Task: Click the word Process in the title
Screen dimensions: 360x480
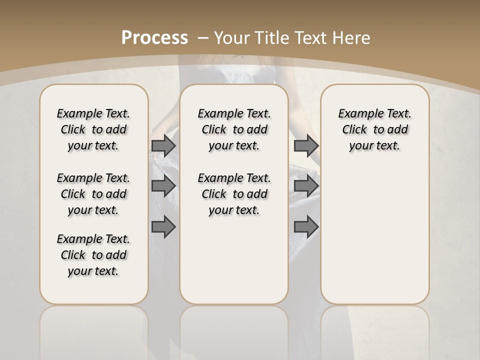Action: [x=154, y=37]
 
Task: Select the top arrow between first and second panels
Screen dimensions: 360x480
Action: [x=163, y=145]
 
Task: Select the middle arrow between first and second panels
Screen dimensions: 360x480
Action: [x=163, y=186]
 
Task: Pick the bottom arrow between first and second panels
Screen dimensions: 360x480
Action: [x=163, y=227]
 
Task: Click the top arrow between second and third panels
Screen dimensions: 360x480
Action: [x=306, y=145]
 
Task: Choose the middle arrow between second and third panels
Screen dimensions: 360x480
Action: [x=306, y=186]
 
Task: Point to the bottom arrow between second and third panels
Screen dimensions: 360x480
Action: [x=306, y=227]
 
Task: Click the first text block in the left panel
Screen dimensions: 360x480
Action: [x=93, y=129]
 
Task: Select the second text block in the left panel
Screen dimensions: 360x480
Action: [x=93, y=194]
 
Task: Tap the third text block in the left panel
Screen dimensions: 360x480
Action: [x=93, y=255]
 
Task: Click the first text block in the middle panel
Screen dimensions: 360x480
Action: [x=234, y=129]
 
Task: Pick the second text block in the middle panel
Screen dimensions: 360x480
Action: [x=234, y=194]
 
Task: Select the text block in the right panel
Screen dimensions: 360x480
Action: [x=374, y=129]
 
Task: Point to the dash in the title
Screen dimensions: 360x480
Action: [x=203, y=37]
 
